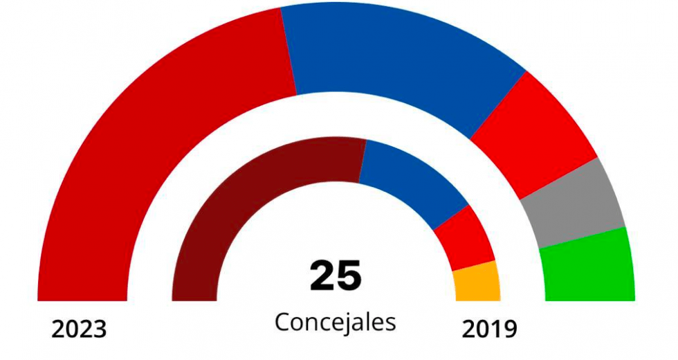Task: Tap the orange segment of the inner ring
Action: point(477,282)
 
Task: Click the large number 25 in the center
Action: point(336,276)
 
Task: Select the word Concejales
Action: point(336,323)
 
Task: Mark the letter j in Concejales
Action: point(349,324)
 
